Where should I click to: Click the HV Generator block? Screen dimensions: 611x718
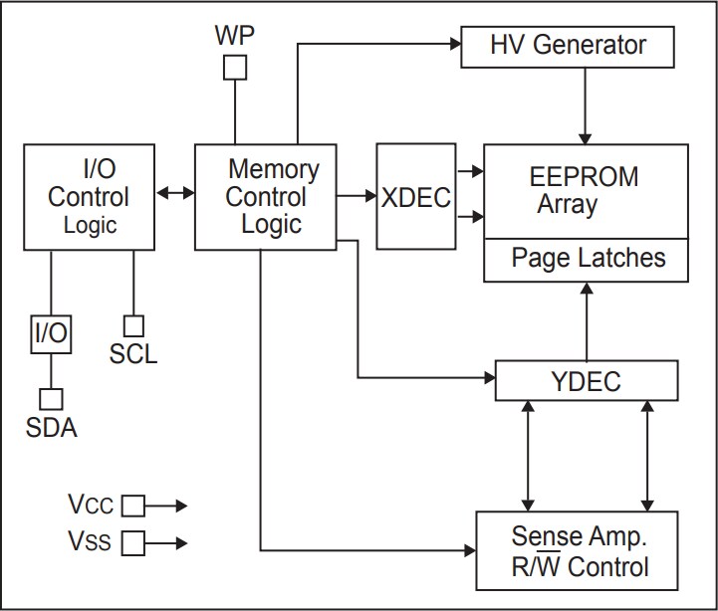coord(568,46)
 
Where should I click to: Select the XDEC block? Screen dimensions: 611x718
coord(415,196)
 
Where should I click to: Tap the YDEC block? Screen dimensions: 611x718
coord(586,381)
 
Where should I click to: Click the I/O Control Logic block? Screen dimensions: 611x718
coord(89,196)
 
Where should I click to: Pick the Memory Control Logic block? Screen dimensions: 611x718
coord(264,196)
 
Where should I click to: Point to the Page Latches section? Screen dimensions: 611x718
coord(586,259)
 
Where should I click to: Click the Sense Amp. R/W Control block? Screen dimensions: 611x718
coord(578,551)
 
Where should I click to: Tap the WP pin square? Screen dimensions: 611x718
coord(234,68)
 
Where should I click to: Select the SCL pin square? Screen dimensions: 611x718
coord(132,325)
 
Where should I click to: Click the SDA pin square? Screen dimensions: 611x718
coord(51,398)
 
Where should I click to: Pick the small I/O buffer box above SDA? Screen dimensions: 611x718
coord(51,334)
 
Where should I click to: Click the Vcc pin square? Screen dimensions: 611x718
coord(132,507)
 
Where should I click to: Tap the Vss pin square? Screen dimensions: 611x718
coord(132,543)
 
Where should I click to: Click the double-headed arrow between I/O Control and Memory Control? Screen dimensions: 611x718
coord(175,193)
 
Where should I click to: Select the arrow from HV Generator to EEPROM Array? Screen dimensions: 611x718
coord(586,105)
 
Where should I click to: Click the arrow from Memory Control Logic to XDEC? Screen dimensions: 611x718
coord(356,196)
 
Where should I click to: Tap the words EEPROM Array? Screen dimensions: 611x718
coord(583,191)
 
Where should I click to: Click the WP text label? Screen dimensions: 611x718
coord(234,35)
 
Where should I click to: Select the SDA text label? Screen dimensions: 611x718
coord(51,429)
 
